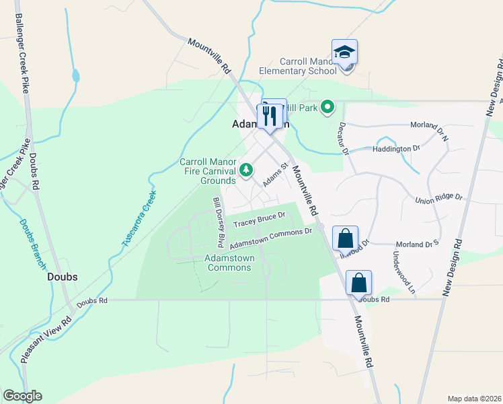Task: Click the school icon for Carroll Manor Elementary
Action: click(x=344, y=53)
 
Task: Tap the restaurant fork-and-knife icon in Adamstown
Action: click(x=270, y=115)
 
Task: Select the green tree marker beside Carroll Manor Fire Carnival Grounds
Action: click(x=246, y=170)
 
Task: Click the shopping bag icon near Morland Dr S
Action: click(x=344, y=238)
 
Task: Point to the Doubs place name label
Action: click(x=62, y=277)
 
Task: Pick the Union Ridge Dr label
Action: click(x=440, y=198)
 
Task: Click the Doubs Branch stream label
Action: click(x=32, y=240)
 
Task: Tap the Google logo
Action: click(x=22, y=396)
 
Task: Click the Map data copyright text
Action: click(x=475, y=398)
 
